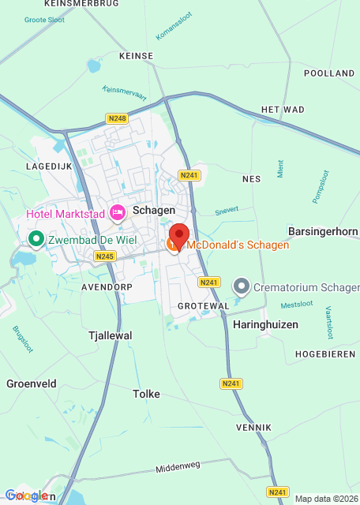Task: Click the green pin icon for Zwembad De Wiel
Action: pyautogui.click(x=36, y=238)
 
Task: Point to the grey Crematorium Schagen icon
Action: pyautogui.click(x=242, y=286)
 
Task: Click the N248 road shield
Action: pyautogui.click(x=116, y=118)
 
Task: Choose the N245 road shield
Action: pyautogui.click(x=104, y=256)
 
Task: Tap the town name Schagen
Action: pyautogui.click(x=153, y=211)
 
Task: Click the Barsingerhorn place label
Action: pyautogui.click(x=322, y=232)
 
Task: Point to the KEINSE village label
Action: pyautogui.click(x=135, y=57)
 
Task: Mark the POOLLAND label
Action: pyautogui.click(x=328, y=73)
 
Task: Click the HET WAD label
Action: pyautogui.click(x=282, y=109)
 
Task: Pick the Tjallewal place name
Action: pyautogui.click(x=109, y=335)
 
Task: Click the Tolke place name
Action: pyautogui.click(x=147, y=394)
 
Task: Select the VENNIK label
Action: pyautogui.click(x=253, y=427)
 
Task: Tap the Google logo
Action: pyautogui.click(x=27, y=496)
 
